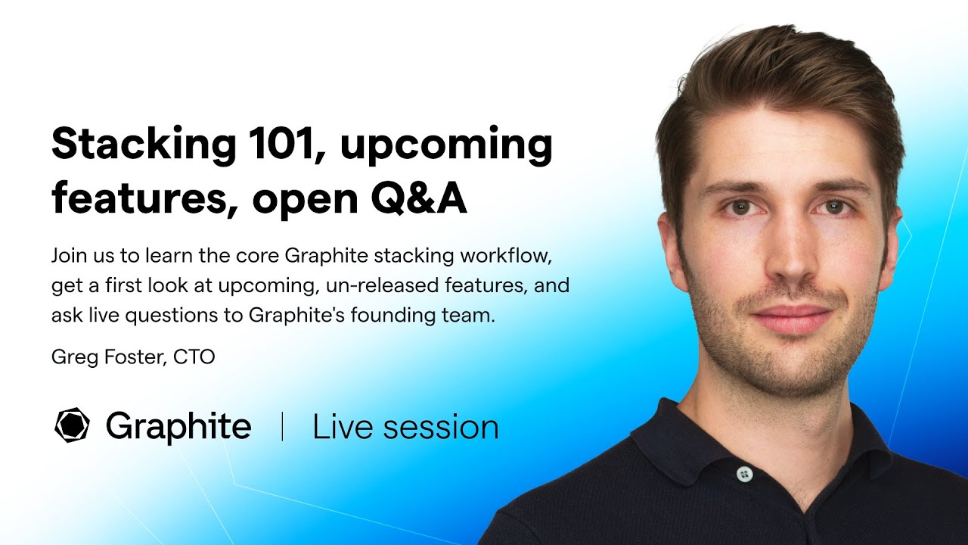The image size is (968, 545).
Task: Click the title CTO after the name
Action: (194, 357)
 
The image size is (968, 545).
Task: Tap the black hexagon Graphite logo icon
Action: (73, 425)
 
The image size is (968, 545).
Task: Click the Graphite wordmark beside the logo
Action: (178, 426)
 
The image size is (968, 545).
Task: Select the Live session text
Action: (405, 427)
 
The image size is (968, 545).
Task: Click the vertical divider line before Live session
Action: (282, 427)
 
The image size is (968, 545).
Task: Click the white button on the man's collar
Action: (744, 474)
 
